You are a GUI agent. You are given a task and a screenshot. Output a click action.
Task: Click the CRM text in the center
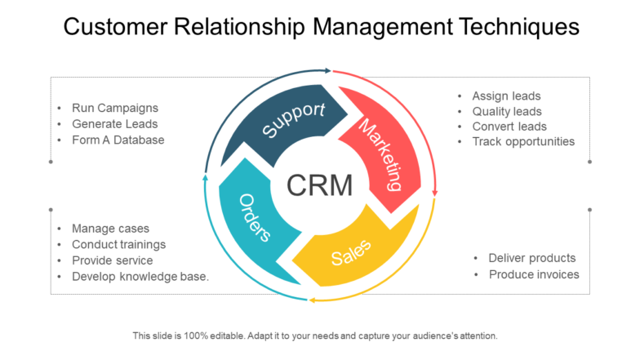tap(320, 185)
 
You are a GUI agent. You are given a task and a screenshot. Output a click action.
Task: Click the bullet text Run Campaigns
tap(115, 108)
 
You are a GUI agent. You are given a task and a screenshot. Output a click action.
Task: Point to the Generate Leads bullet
tap(115, 124)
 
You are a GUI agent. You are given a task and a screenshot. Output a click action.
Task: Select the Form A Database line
tap(118, 140)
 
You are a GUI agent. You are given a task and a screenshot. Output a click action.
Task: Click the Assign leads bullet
tap(506, 96)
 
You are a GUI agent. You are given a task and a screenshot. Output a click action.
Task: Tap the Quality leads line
tap(507, 111)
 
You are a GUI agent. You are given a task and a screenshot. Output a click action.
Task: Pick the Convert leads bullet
tap(509, 127)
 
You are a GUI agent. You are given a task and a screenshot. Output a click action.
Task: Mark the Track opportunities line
tap(523, 141)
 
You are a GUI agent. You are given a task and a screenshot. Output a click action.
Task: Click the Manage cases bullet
tap(111, 229)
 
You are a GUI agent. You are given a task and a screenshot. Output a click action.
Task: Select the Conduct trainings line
tap(119, 244)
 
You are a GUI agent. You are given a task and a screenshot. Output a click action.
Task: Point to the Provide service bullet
tap(113, 260)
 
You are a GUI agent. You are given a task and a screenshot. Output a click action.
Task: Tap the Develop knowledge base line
tap(140, 276)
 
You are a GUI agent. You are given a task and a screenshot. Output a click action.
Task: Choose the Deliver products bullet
tap(532, 258)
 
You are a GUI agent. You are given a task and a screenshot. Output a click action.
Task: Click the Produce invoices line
tap(534, 274)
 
